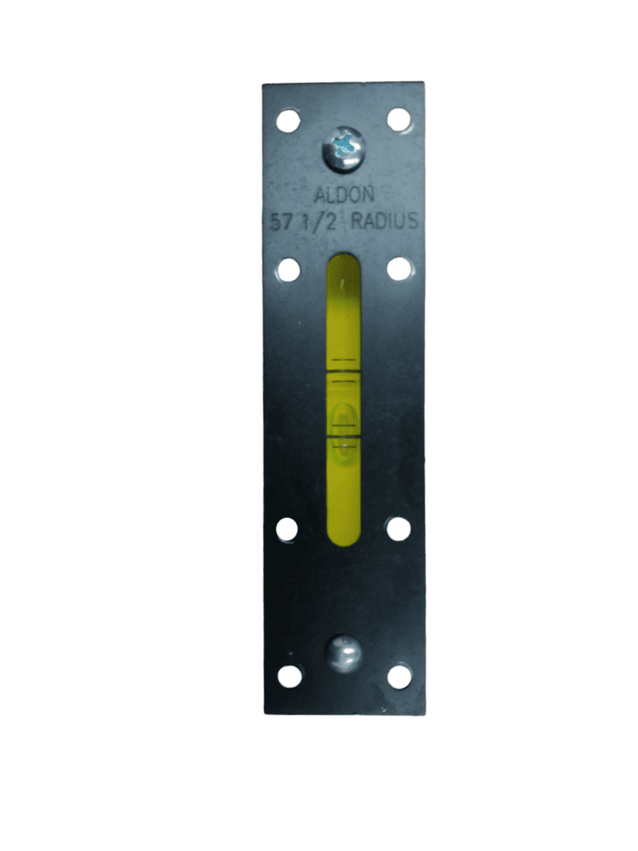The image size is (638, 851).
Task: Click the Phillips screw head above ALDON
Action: tap(344, 150)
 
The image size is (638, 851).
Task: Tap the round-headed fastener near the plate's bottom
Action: tap(343, 653)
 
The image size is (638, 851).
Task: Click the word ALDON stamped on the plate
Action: tap(344, 196)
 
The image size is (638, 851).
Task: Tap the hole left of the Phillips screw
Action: tap(287, 121)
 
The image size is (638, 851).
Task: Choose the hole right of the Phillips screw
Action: tap(399, 120)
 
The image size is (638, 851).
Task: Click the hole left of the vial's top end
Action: tap(287, 269)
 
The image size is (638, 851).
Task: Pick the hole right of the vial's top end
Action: tap(399, 268)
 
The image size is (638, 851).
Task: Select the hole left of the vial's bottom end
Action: tap(287, 529)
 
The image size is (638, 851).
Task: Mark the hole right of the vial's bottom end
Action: tap(399, 529)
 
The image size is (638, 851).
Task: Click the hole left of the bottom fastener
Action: tap(289, 676)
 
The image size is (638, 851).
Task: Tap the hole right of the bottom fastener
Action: tap(400, 676)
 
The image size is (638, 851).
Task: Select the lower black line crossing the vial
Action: tap(344, 435)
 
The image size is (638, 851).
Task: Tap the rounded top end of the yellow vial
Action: tap(344, 263)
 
